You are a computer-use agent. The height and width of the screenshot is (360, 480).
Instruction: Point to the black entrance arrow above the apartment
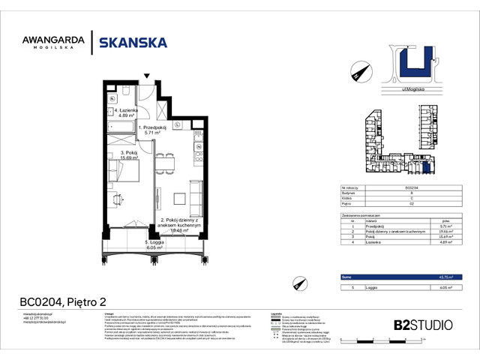click(147, 76)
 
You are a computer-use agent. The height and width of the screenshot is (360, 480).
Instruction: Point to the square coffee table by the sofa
click(180, 199)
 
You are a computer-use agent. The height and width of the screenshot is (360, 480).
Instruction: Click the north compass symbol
click(358, 73)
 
